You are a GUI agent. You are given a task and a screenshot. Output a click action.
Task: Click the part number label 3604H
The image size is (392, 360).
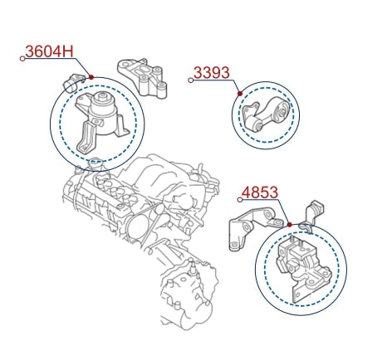[50, 51]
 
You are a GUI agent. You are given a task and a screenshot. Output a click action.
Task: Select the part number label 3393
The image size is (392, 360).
[212, 73]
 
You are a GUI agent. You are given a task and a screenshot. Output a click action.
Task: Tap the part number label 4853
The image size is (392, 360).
[260, 192]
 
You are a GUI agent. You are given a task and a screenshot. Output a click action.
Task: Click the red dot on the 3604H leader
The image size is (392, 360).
[91, 77]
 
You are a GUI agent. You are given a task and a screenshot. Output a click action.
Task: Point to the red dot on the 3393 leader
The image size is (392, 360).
[240, 94]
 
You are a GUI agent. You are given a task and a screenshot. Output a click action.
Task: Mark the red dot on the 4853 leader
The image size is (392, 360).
[290, 225]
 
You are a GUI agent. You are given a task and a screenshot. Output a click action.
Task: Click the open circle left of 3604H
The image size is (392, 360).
[22, 59]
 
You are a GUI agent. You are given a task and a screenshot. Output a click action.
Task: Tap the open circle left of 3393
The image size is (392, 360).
[190, 80]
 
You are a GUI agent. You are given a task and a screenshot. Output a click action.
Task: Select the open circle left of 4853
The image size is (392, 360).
[240, 200]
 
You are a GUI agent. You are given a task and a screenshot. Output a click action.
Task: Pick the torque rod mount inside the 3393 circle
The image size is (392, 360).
[265, 114]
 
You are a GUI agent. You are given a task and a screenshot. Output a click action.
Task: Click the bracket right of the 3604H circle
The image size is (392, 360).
[143, 77]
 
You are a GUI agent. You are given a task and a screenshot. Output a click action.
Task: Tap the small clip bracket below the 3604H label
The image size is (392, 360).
[73, 82]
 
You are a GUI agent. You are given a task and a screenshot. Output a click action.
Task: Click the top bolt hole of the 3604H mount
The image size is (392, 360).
[102, 95]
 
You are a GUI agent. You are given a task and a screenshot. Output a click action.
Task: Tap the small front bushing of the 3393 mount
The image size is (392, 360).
[255, 124]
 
